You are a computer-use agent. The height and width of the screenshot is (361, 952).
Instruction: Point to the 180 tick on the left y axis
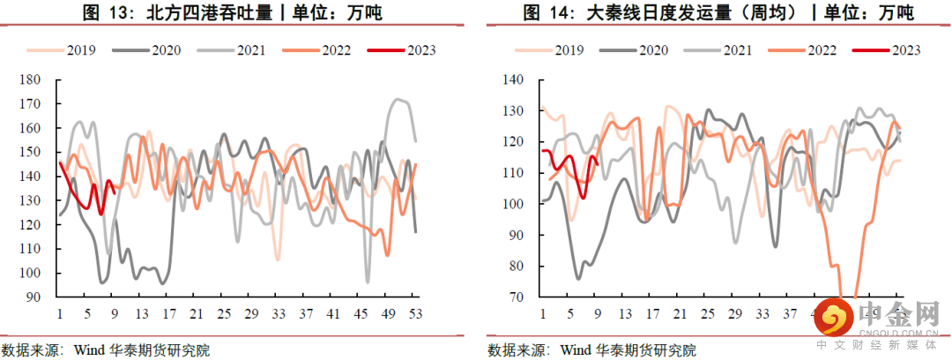click(31, 80)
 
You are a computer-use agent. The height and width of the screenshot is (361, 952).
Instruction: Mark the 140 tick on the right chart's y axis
click(513, 80)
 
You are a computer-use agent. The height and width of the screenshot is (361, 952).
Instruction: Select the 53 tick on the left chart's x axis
click(415, 313)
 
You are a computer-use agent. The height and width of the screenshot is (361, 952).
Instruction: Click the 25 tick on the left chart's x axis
click(224, 313)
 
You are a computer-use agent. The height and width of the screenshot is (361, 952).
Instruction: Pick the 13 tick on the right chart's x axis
click(625, 313)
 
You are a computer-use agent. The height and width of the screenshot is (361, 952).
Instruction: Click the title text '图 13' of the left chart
click(96, 13)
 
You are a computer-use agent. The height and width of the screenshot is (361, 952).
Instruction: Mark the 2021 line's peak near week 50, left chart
click(398, 100)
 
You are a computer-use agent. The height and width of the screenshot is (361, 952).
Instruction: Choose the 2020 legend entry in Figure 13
click(165, 50)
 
